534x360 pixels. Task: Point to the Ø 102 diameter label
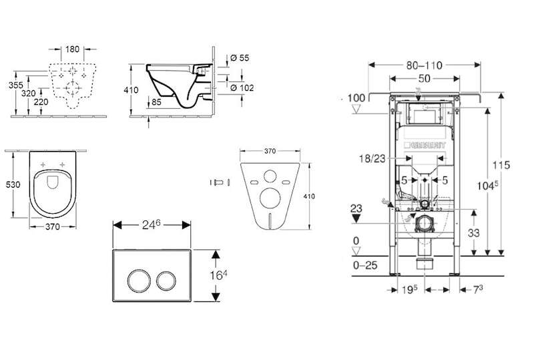241,87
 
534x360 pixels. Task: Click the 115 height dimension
509,165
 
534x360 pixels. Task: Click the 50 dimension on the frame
425,79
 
